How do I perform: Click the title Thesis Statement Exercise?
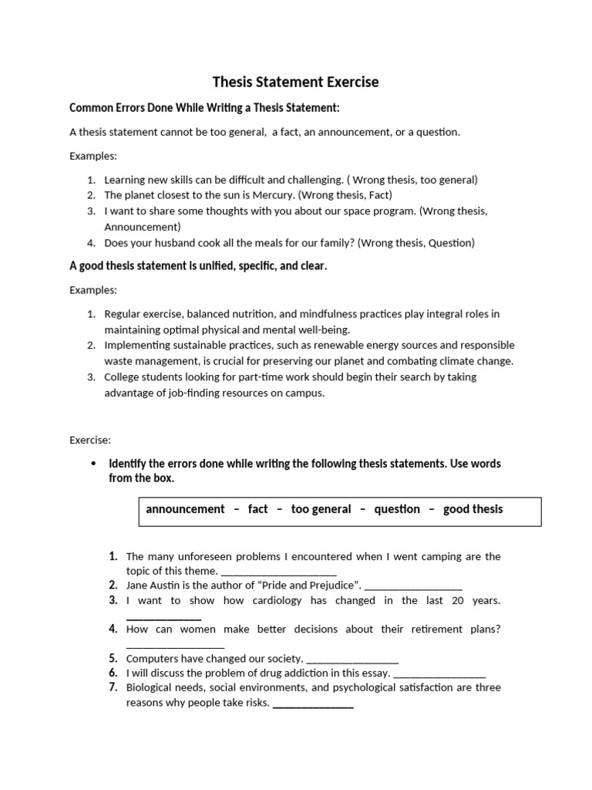[296, 82]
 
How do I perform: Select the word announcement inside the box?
[185, 509]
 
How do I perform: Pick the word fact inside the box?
[258, 509]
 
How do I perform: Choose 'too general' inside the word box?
[321, 509]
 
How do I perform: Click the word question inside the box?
[397, 509]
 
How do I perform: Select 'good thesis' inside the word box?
[473, 509]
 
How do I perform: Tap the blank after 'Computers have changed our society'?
[352, 660]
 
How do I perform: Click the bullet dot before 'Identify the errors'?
[94, 464]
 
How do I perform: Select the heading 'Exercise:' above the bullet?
[90, 441]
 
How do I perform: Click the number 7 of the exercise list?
[113, 687]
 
